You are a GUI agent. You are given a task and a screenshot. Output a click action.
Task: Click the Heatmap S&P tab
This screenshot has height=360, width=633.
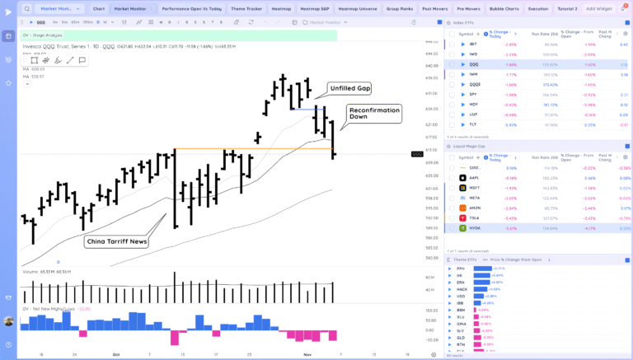[316, 8]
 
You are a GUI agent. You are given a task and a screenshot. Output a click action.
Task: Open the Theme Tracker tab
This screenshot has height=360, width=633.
[246, 8]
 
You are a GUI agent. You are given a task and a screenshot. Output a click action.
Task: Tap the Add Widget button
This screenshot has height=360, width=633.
[598, 8]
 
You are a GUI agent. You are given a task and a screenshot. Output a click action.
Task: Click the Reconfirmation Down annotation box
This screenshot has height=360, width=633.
[373, 114]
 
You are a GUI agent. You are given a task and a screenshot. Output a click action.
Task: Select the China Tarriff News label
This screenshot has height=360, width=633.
[116, 241]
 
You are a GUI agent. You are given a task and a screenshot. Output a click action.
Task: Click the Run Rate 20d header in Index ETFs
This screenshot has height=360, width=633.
[543, 35]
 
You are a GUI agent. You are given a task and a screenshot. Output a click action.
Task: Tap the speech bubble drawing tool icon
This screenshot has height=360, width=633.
[82, 61]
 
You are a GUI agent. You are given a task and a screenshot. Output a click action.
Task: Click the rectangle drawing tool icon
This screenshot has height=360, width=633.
[34, 61]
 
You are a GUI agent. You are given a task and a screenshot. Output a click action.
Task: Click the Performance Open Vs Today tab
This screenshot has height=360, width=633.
[192, 8]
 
